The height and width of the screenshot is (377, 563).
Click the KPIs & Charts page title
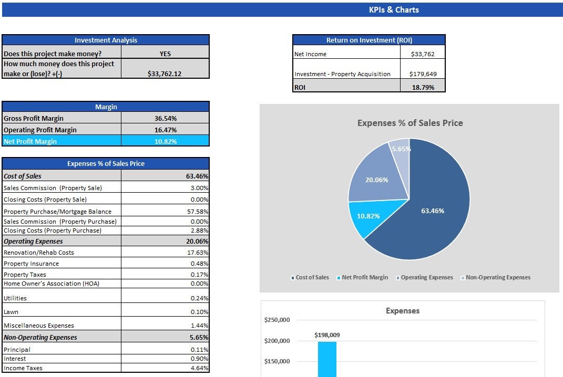coord(394,9)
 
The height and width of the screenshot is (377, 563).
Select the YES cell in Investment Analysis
coord(165,54)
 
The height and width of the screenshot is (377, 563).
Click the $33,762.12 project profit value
coord(165,74)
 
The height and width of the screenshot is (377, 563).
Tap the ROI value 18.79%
coord(423,88)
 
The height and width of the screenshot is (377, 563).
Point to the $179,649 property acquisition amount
coord(423,74)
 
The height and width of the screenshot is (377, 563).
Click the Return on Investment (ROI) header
coord(368,40)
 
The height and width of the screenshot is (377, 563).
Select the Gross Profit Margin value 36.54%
coord(165,119)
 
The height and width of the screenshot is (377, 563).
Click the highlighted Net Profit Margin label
coord(30,141)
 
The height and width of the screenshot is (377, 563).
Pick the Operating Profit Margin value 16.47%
coord(165,130)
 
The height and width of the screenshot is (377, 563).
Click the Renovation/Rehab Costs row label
coord(39,253)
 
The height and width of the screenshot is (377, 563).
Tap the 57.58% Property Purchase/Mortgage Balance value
coord(199,211)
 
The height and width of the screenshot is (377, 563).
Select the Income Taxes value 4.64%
coord(199,368)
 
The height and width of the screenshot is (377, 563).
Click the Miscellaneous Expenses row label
coord(39,326)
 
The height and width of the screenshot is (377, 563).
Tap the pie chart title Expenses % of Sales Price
coord(410,123)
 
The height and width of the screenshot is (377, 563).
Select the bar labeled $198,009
coord(327,359)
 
